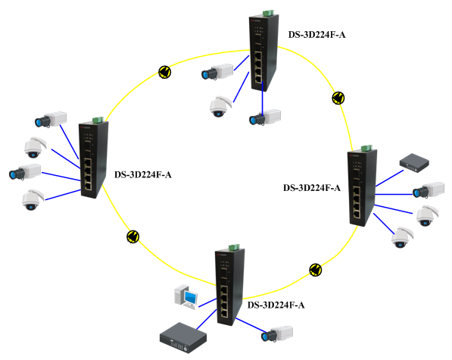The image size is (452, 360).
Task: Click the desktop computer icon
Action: pos(186,296)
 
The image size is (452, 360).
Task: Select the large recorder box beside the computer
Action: pos(183,338)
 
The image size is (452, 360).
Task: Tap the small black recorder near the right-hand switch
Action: pos(414,163)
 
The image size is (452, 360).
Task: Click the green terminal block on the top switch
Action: pos(268,13)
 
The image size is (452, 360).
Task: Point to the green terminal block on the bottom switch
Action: pos(234,247)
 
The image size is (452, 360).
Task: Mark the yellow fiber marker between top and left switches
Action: pos(165,72)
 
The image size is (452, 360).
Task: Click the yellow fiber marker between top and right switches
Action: pos(338,98)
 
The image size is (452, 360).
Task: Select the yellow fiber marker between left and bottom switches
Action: pos(133,236)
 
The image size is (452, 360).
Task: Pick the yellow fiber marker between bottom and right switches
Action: pos(316,270)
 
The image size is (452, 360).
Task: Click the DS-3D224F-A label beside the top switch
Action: pos(316,35)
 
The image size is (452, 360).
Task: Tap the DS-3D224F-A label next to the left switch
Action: pos(143,175)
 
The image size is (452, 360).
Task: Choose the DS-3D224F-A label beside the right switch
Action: pos(312,188)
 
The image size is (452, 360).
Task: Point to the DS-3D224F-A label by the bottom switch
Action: pos(276,305)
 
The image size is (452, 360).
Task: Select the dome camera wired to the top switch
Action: pos(220,106)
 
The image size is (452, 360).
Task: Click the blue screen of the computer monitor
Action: pos(191,297)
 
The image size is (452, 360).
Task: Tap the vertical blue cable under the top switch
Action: pos(262,97)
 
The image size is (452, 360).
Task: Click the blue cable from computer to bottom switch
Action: pos(207,303)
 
